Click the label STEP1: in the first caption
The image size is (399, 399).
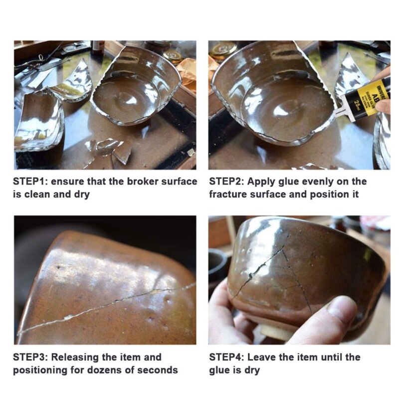click(x=30, y=182)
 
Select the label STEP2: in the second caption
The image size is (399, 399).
click(x=226, y=182)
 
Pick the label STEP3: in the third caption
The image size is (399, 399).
click(x=30, y=357)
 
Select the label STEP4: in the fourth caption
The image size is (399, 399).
click(x=226, y=357)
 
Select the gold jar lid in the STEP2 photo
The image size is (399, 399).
click(x=223, y=49)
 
